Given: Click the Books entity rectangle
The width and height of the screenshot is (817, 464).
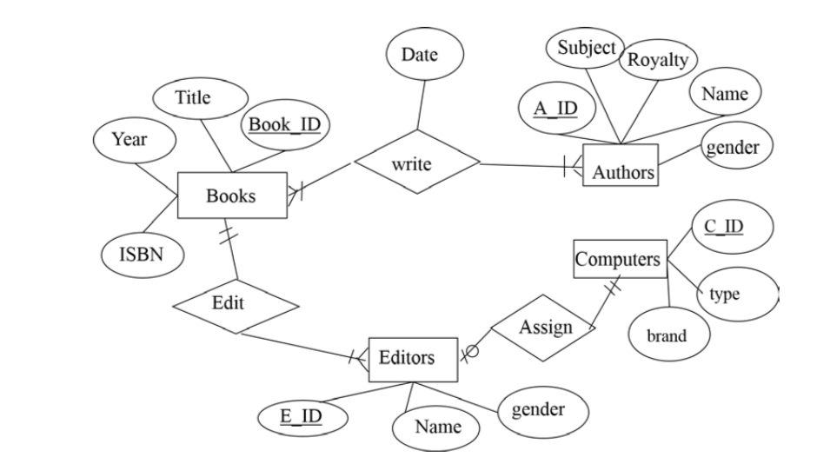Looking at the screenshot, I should pos(231,196).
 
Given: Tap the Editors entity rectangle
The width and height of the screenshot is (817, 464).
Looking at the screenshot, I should pos(413,358).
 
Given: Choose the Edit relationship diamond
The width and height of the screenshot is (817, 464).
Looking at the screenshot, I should pos(236,304).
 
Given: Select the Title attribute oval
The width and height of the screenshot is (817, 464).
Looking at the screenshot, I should pos(193,98).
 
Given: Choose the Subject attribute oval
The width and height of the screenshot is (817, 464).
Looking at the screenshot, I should pos(586,47).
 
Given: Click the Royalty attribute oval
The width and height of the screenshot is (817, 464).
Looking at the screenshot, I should pos(657,59).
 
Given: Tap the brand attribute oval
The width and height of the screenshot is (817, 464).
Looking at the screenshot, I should pos(667,335).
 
